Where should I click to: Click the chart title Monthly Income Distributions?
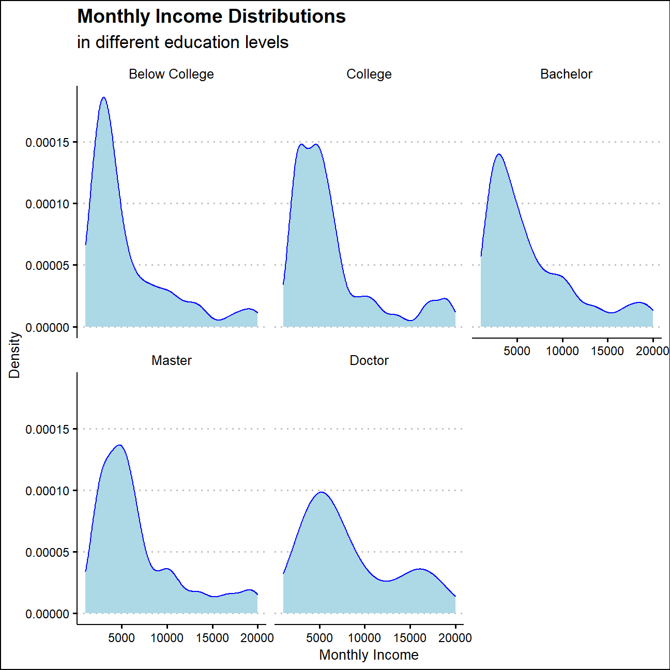211,17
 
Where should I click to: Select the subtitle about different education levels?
182,42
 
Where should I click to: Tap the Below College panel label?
171,74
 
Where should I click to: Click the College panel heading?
369,74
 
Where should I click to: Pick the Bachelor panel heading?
566,74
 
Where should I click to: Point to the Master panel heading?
171,360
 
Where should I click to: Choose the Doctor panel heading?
369,360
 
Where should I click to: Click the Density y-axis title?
14,355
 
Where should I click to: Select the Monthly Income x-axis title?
369,654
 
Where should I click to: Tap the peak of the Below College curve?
103,97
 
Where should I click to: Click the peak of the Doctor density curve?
322,492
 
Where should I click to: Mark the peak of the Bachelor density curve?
499,154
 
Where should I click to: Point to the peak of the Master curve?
120,445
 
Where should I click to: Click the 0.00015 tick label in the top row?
47,142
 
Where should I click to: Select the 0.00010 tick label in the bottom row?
47,491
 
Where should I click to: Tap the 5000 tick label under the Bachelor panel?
517,351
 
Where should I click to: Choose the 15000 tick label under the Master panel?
212,637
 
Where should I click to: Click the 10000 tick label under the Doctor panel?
364,637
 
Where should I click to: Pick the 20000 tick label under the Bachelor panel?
652,351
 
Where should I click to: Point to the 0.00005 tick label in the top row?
47,266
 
